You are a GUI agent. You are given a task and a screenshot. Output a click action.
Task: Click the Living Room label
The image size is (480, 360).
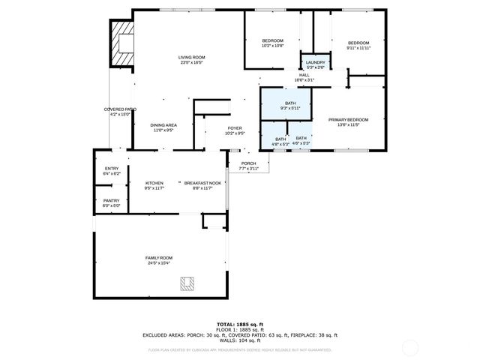(x=191, y=58)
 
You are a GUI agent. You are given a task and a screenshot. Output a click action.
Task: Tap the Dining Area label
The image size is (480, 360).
(x=163, y=125)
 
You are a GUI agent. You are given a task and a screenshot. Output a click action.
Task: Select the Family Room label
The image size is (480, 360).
(x=158, y=258)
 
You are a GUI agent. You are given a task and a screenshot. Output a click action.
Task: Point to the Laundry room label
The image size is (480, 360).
(x=315, y=62)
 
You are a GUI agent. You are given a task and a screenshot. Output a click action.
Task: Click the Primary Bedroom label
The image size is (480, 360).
(x=349, y=120)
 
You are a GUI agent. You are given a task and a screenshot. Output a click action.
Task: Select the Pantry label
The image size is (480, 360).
(x=111, y=200)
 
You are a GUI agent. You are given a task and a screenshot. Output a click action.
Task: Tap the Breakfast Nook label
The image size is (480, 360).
(x=202, y=183)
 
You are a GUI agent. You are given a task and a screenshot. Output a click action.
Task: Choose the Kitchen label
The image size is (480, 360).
(x=154, y=183)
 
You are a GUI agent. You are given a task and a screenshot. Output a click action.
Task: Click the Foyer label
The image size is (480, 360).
(x=235, y=128)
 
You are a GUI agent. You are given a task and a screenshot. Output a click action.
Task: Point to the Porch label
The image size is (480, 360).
(x=248, y=163)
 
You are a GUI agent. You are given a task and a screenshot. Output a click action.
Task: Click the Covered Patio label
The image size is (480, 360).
(x=120, y=109)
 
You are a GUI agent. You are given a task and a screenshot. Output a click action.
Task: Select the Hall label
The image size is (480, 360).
(x=304, y=75)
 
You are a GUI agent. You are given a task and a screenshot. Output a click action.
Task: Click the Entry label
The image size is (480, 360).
(x=111, y=169)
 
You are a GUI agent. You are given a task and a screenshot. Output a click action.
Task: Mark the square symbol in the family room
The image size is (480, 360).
(x=187, y=283)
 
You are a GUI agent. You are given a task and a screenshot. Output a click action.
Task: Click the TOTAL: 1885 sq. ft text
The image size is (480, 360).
(x=240, y=324)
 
